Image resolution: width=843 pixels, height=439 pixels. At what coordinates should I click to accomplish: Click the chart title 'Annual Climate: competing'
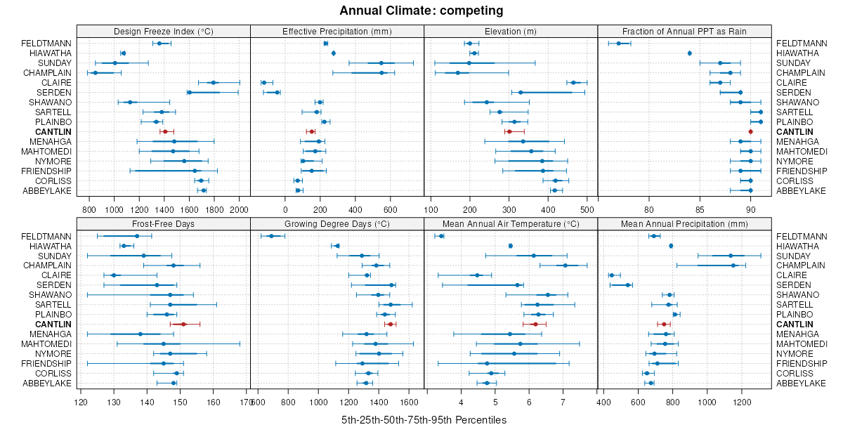[421, 11]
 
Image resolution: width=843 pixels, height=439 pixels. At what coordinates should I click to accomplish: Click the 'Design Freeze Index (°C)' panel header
[163, 31]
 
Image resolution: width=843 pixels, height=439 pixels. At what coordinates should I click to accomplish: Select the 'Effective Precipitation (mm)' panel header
[336, 31]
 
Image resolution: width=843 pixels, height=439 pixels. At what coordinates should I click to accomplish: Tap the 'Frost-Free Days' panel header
[163, 223]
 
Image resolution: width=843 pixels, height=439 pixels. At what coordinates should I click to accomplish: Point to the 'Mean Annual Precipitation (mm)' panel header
[684, 223]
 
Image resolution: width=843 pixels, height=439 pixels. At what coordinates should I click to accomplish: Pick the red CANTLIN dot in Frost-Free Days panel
[183, 324]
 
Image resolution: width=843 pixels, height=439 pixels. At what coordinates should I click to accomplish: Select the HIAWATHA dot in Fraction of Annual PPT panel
[690, 53]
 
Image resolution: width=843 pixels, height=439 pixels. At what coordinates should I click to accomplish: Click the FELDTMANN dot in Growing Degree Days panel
[271, 236]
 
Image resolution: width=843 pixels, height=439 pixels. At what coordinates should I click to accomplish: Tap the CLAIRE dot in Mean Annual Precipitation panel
[611, 275]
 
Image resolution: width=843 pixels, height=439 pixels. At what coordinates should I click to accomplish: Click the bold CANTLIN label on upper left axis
[53, 132]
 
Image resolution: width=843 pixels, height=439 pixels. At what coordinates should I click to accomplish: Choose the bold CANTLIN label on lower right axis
[795, 325]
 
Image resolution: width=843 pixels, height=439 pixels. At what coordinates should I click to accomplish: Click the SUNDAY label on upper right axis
[791, 63]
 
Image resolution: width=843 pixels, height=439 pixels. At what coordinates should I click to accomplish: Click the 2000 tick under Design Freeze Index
[239, 209]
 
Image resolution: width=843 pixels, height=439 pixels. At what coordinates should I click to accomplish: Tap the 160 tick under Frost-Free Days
[214, 402]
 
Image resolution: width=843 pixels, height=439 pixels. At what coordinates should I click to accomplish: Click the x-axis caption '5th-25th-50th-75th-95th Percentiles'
[424, 420]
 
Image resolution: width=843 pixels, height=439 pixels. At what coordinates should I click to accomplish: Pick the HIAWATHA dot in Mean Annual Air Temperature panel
[511, 246]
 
